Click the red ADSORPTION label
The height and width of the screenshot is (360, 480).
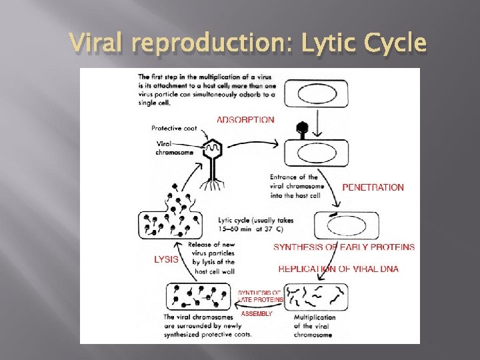[x=245, y=120]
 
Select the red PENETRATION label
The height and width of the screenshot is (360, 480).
[x=373, y=187]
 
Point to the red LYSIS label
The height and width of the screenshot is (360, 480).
[x=166, y=259]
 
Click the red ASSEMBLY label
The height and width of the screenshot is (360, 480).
[x=257, y=313]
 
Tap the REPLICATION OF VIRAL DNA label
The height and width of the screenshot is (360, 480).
[x=338, y=269]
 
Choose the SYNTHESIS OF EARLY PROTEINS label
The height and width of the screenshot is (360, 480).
[x=344, y=247]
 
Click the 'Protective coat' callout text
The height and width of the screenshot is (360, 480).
[x=173, y=128]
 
